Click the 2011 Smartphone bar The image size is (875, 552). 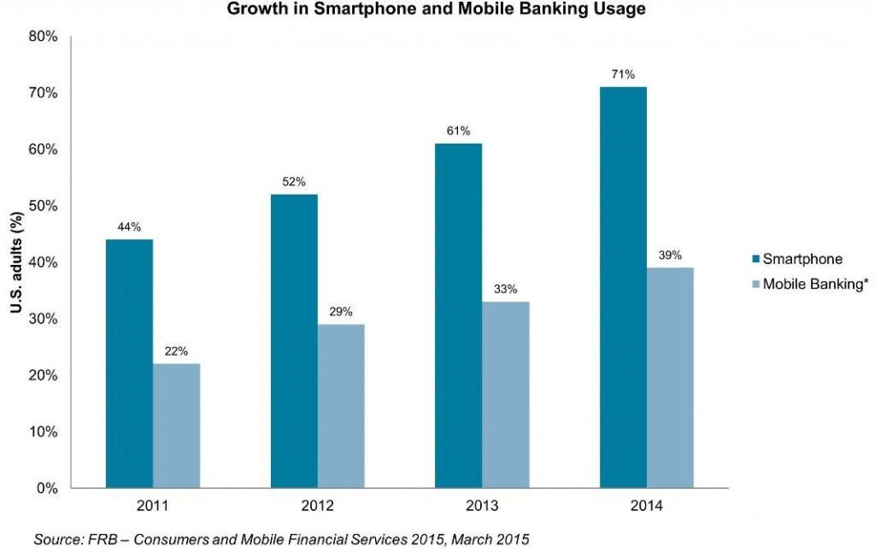[129, 363]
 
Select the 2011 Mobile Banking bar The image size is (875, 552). [176, 426]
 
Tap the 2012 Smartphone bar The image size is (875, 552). [294, 341]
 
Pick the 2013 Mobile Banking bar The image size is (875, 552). [505, 395]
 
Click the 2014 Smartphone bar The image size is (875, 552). [623, 287]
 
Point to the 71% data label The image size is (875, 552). [623, 75]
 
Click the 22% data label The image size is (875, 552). [176, 351]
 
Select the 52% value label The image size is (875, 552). [294, 182]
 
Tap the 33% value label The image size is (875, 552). [505, 289]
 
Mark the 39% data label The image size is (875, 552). [670, 255]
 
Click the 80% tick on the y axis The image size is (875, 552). [43, 37]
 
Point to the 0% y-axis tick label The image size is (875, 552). [47, 489]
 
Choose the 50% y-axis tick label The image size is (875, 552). [43, 206]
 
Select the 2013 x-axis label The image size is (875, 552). [481, 506]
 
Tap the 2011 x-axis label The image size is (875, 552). [153, 506]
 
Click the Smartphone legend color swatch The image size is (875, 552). [755, 259]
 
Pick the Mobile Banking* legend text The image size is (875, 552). [815, 284]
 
